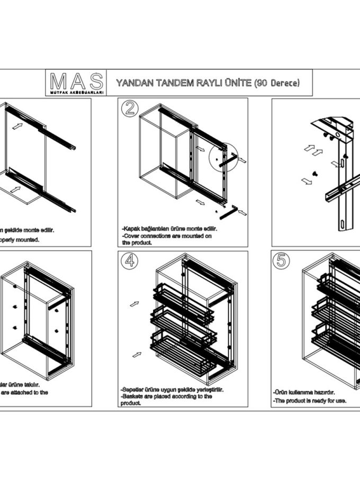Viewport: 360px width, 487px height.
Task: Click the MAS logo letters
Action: point(77,81)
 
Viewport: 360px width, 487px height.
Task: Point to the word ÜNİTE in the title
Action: point(237,83)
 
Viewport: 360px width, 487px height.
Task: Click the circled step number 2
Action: point(128,108)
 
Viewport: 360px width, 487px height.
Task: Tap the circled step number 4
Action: point(128,260)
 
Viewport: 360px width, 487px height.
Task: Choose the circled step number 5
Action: point(281,260)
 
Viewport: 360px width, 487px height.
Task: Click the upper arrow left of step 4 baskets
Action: point(134,304)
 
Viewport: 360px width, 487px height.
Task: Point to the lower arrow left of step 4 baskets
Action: point(136,354)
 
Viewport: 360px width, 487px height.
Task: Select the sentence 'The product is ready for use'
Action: point(310,401)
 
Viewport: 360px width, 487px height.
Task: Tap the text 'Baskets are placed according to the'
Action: point(167,396)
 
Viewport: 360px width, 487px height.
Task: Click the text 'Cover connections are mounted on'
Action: point(167,236)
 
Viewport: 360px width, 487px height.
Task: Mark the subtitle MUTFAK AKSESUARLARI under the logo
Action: point(77,92)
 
